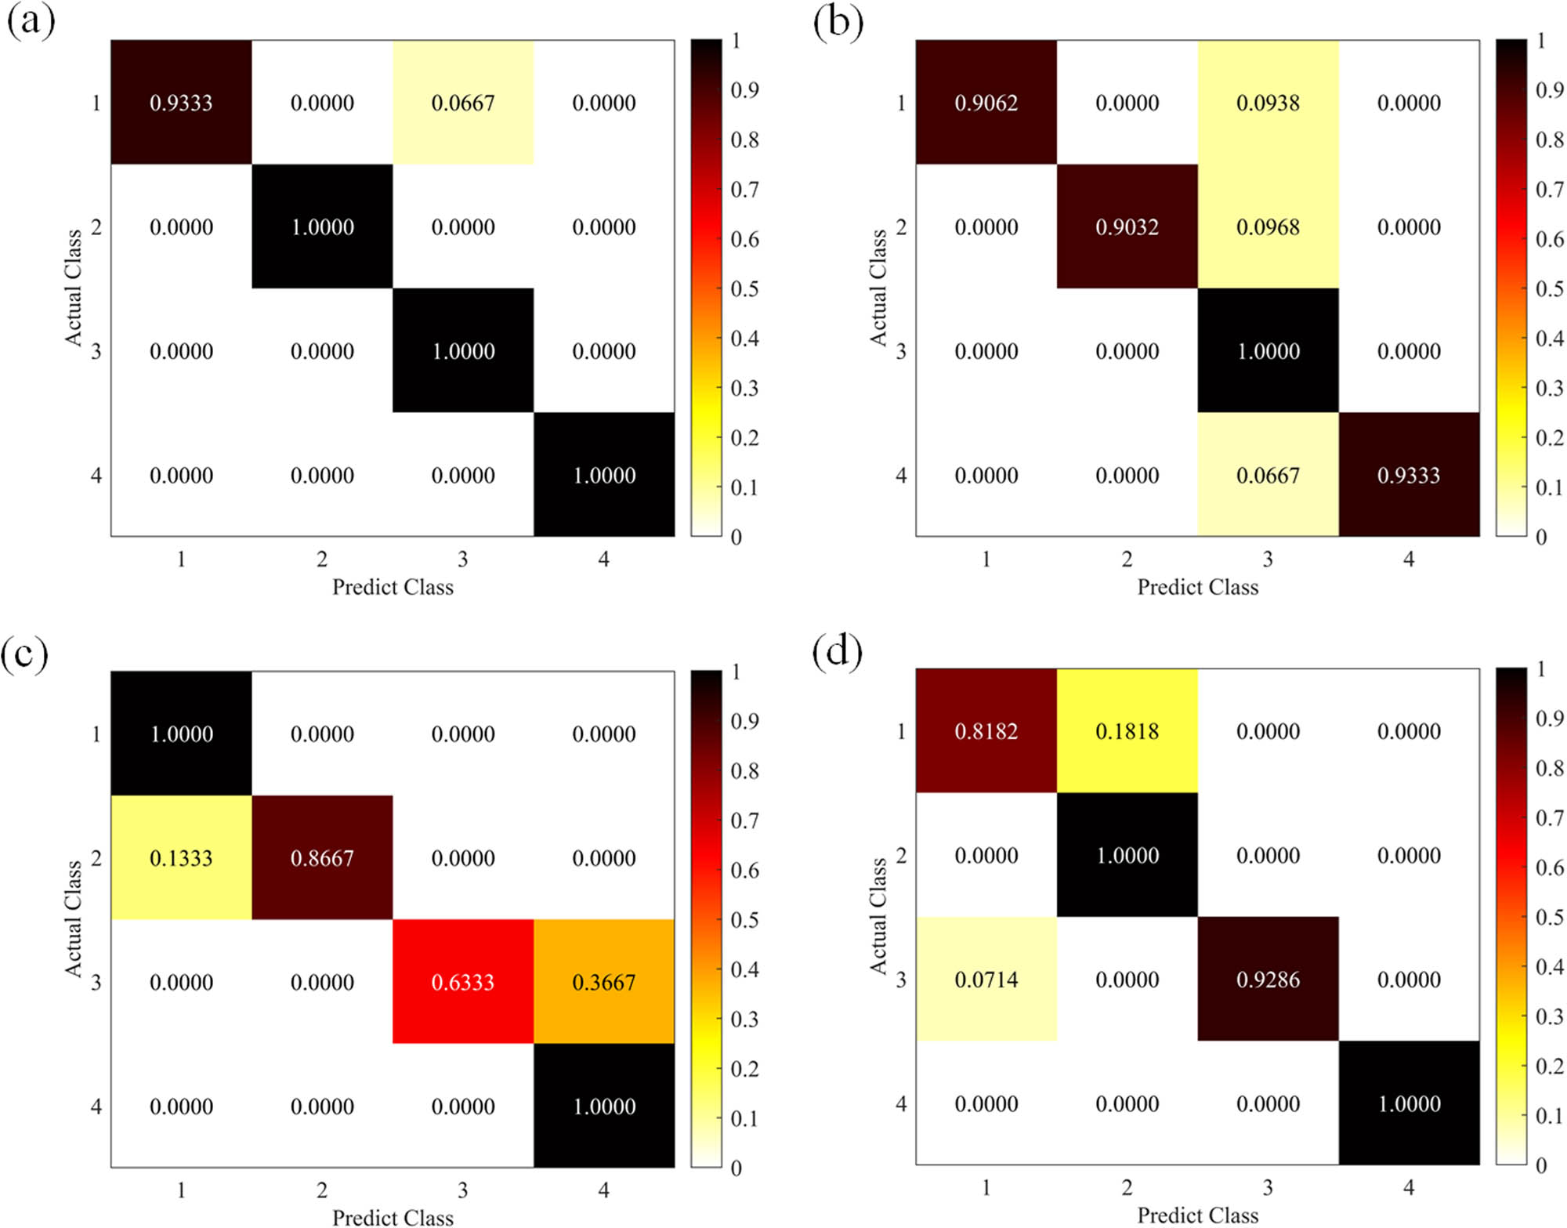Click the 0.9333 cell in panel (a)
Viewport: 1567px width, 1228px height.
[181, 103]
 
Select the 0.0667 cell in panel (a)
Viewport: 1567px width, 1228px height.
[463, 103]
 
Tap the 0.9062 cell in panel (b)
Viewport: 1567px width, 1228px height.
[986, 103]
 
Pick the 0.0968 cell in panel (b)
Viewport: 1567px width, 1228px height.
[1268, 227]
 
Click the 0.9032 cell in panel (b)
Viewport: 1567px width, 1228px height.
[1127, 227]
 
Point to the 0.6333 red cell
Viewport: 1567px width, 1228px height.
[463, 982]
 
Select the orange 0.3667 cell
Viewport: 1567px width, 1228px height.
[604, 982]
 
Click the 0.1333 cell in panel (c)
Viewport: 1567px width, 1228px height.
[181, 858]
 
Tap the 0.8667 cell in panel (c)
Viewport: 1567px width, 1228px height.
[322, 858]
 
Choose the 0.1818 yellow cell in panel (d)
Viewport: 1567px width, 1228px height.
[1127, 731]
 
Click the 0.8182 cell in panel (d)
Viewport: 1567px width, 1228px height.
[986, 731]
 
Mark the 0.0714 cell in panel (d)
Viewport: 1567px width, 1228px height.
[986, 980]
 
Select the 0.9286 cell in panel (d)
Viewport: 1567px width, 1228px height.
[1268, 980]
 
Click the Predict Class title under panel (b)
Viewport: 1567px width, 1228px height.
[1197, 587]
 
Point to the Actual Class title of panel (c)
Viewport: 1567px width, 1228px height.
[73, 918]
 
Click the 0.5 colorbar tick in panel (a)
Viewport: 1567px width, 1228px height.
[744, 289]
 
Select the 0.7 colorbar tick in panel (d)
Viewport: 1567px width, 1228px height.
[1549, 818]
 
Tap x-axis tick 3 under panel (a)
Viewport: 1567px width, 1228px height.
[463, 560]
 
